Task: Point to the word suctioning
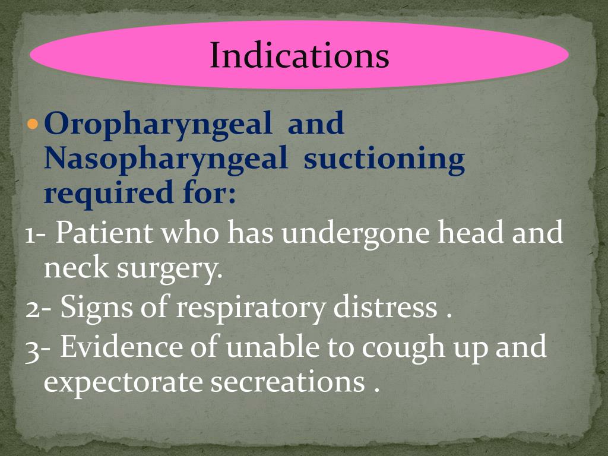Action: point(384,160)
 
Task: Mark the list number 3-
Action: point(39,347)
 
